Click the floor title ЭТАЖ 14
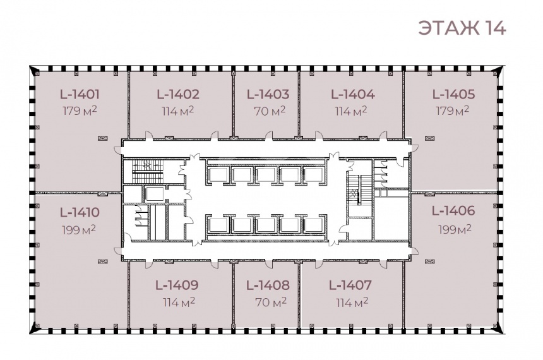coord(462,28)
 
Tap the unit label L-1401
coord(80,94)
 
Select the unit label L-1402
coord(178,94)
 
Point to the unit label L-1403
coord(268,94)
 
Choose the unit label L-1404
coord(353,94)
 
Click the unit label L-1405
coord(453,94)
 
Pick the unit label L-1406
coord(453,211)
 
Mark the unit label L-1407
coord(350,285)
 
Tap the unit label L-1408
coord(268,285)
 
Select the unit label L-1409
coord(177,285)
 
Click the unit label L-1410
coord(80,212)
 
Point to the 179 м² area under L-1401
coord(80,111)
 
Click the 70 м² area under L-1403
coord(270,111)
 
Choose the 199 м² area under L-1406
coord(455,229)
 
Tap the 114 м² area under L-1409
coord(179,302)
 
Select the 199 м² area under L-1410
coord(79,230)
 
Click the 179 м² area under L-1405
coord(452,111)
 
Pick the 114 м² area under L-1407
coord(352,303)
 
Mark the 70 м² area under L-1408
coord(271,302)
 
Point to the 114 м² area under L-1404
coord(351,111)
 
